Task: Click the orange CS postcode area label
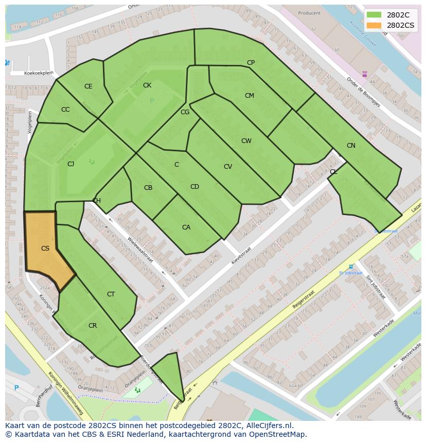click(45, 249)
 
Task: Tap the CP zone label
click(251, 63)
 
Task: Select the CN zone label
click(351, 146)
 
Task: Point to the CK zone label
click(147, 85)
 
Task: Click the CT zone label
click(111, 294)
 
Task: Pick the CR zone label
click(93, 326)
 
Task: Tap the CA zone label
click(186, 227)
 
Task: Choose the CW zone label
click(246, 141)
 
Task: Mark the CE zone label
click(88, 86)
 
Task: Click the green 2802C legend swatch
click(374, 15)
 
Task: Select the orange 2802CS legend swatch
click(374, 25)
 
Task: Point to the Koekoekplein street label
click(39, 74)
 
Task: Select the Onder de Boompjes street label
click(363, 92)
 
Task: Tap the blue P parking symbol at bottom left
click(16, 388)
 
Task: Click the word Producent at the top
click(309, 13)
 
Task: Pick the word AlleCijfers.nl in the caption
click(268, 426)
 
